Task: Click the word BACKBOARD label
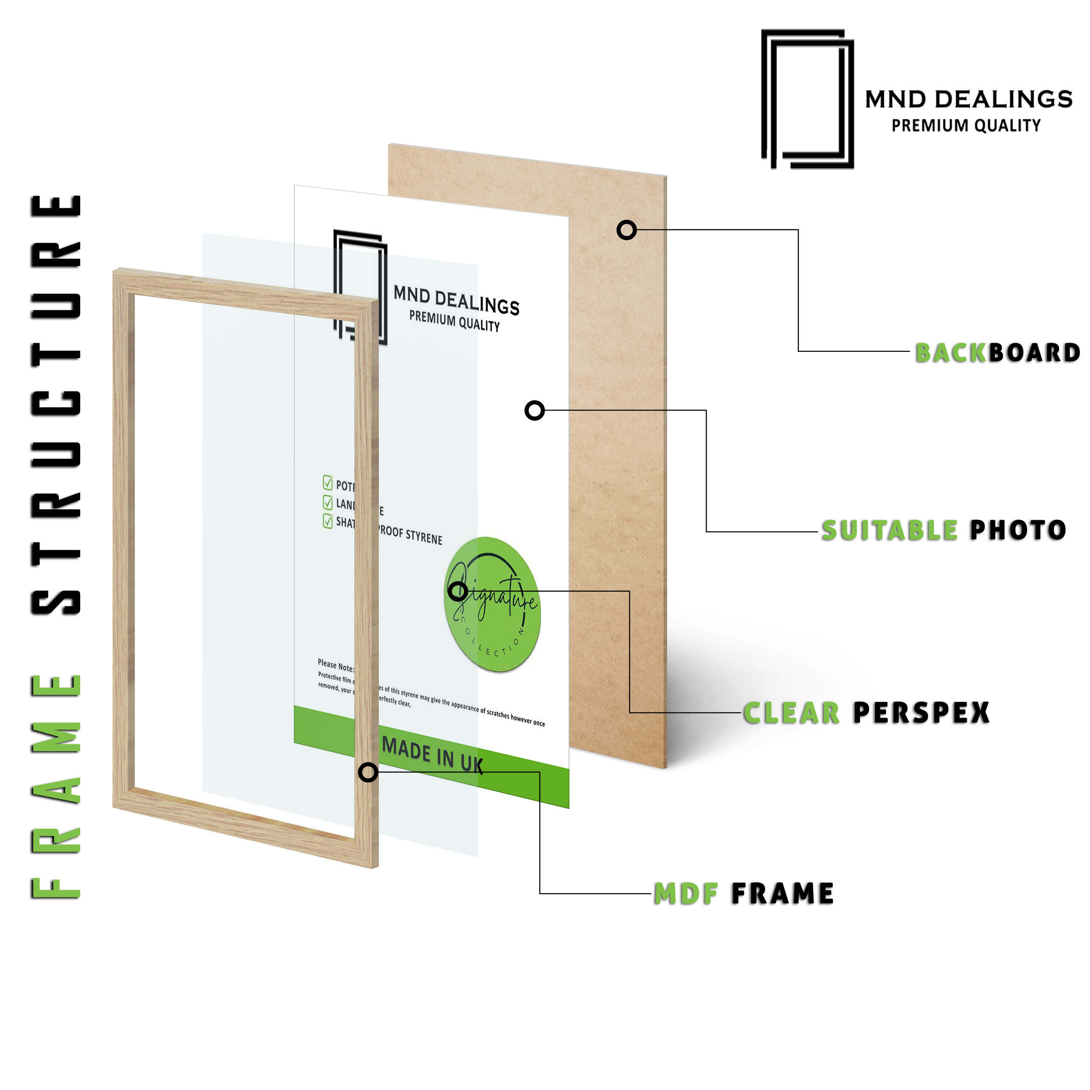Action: (997, 353)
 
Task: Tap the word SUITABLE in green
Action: (889, 530)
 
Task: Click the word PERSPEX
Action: (921, 712)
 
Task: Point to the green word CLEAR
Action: (791, 712)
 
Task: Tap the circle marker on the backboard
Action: (626, 230)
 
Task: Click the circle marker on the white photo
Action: (534, 410)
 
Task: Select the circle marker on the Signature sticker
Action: (457, 591)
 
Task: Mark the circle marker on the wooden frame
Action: (368, 772)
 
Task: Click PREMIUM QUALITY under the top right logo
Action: (966, 125)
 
